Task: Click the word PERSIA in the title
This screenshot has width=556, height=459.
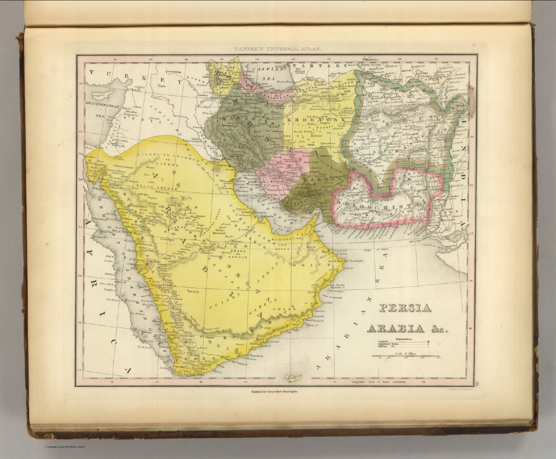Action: click(405, 308)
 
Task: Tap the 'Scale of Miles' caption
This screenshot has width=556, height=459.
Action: click(405, 353)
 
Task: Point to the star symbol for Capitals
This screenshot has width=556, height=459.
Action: click(429, 341)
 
